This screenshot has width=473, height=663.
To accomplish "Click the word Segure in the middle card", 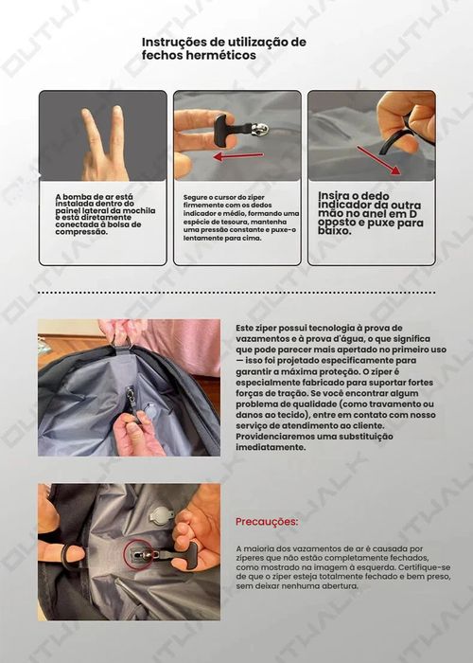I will click(195, 197).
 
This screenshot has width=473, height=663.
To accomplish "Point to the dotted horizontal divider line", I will click(236, 294).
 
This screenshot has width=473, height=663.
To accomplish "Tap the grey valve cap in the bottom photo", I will click(162, 515).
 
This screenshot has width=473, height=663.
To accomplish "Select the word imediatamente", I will click(272, 447).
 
